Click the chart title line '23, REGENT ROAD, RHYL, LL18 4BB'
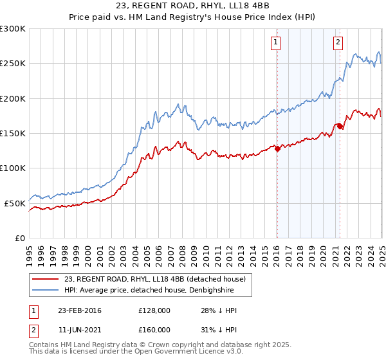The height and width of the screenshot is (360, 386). pos(192,7)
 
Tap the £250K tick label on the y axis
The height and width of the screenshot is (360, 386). pos(14,64)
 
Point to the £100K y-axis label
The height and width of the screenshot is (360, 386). pos(14,168)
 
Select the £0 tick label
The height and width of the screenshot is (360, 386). pos(19,238)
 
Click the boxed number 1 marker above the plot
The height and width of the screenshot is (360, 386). pos(275,42)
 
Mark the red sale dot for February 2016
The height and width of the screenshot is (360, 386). pos(277,148)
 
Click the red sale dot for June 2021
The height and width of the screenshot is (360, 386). pos(340,127)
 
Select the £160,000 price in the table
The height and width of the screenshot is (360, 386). pos(154,330)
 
